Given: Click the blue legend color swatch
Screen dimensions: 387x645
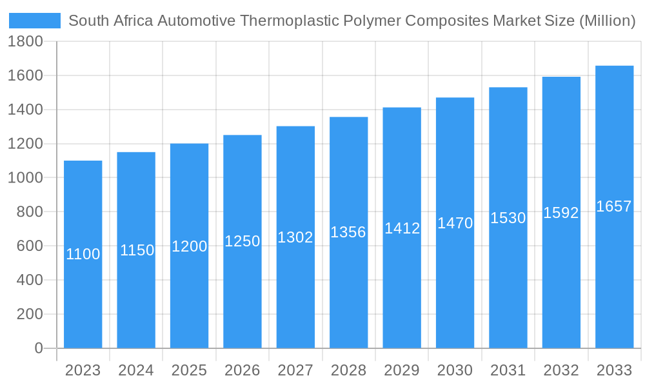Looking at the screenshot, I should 35,21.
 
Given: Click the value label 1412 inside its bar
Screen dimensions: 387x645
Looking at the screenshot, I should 402,228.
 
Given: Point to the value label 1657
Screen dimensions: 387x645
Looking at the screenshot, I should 614,206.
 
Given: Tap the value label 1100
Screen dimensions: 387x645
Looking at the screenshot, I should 83,254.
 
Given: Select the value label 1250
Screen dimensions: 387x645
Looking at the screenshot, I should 243,241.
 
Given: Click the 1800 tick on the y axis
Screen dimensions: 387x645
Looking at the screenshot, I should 25,42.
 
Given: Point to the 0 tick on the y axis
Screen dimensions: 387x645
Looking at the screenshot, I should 38,348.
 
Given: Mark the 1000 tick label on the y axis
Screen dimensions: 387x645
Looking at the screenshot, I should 25,178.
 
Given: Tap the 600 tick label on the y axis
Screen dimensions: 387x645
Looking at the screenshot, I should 30,246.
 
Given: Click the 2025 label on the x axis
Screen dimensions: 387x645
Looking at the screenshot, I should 189,370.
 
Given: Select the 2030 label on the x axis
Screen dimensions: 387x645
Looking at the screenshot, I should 455,370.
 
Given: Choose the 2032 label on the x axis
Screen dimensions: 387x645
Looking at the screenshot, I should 561,370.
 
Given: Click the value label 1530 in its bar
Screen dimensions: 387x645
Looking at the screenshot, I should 508,218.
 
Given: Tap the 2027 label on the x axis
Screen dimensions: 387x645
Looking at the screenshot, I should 295,370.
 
